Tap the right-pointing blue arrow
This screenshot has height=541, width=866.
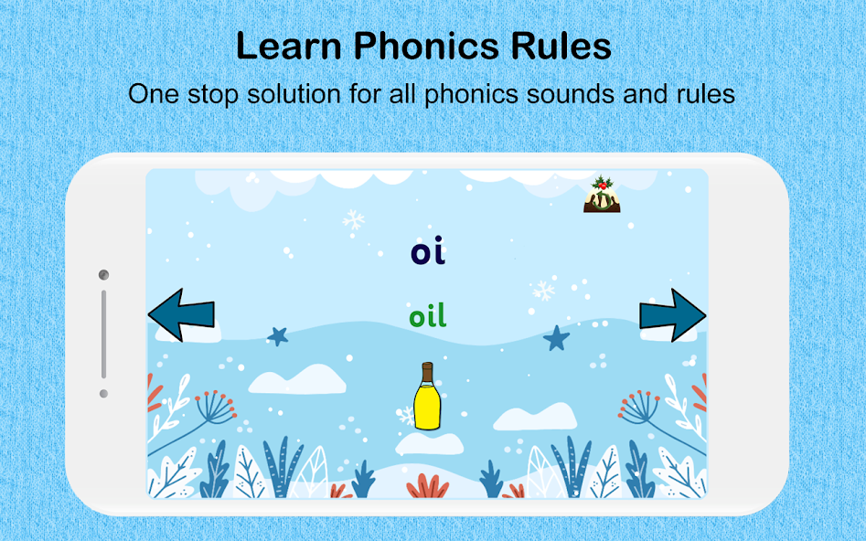[x=672, y=315]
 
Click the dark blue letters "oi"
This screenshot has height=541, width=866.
[x=428, y=252]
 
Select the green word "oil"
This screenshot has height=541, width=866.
[x=428, y=316]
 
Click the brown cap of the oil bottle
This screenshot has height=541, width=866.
[x=426, y=368]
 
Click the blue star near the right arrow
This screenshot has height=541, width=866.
[x=556, y=338]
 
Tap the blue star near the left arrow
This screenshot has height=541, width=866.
[x=278, y=336]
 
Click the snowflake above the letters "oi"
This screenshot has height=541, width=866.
[x=352, y=220]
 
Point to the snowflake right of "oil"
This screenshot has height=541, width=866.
[x=543, y=291]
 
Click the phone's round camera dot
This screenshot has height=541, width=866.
[x=103, y=275]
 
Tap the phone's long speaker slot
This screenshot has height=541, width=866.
[x=103, y=334]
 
